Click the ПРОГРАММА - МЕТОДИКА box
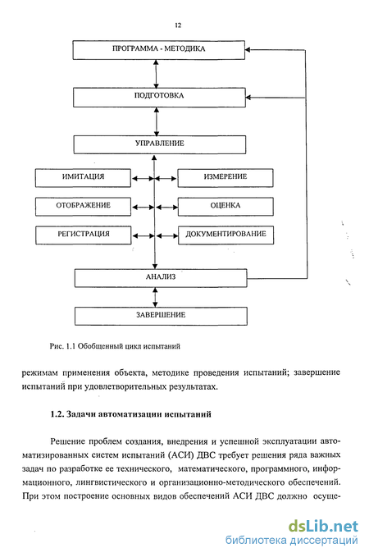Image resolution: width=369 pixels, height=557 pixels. (159, 50)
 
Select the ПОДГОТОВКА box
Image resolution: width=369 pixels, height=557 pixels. (159, 98)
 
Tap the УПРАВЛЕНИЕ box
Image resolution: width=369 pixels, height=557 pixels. (160, 144)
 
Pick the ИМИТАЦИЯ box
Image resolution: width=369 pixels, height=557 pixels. (83, 178)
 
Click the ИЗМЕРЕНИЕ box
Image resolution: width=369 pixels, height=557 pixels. (225, 178)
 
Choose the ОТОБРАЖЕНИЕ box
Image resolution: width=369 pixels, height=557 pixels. (83, 207)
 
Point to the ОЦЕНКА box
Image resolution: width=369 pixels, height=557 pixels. (225, 207)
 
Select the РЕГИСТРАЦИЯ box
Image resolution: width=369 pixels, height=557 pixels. (84, 235)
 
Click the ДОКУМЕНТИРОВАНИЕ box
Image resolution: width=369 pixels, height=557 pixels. (225, 235)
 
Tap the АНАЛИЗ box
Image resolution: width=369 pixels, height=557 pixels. (161, 278)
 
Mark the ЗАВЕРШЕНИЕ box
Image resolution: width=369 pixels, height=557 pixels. (161, 316)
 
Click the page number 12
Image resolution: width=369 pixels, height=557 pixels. (178, 25)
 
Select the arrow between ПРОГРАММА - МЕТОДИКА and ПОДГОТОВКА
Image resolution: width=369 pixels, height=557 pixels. (156, 74)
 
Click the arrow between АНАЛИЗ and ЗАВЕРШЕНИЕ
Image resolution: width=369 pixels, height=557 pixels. (155, 297)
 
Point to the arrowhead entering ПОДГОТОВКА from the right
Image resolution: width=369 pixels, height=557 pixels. (248, 98)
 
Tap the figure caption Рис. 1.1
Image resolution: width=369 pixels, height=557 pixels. (62, 346)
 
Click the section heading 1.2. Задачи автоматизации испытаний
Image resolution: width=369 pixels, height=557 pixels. (130, 414)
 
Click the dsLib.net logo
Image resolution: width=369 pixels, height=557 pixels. (323, 526)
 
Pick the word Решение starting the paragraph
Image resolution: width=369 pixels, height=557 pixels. (68, 442)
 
